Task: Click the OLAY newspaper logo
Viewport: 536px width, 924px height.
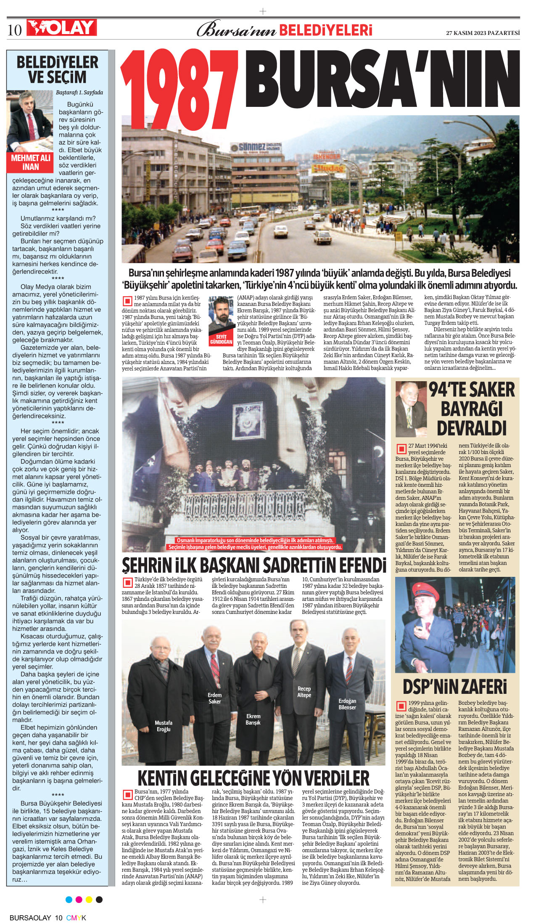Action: [61, 28]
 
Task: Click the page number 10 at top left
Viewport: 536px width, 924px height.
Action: [15, 30]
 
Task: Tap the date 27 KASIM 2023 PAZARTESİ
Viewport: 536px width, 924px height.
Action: [483, 33]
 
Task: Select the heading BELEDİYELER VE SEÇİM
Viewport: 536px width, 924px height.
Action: [58, 70]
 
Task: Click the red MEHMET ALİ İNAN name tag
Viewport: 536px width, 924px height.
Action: [31, 162]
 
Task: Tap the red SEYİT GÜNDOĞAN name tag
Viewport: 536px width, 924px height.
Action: [221, 340]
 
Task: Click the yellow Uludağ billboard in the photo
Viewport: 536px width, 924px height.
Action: [328, 168]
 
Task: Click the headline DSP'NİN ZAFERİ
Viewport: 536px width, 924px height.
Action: [455, 687]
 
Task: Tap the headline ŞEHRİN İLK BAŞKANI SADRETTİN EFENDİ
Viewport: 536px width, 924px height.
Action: [253, 565]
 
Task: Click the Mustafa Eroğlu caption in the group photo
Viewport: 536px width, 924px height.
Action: [163, 725]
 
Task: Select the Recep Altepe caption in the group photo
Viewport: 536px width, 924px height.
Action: [304, 692]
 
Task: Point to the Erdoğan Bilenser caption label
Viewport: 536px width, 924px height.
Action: [347, 704]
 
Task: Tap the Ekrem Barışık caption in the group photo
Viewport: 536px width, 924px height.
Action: [253, 719]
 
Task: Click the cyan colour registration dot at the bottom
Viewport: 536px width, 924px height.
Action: [69, 900]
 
